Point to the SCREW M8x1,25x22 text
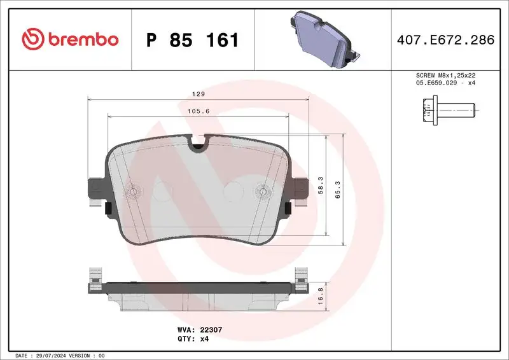(x=445, y=76)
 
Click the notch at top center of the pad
(x=199, y=144)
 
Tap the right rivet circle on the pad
(x=263, y=191)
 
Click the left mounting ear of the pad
(x=95, y=190)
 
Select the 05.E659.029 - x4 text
(x=445, y=83)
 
